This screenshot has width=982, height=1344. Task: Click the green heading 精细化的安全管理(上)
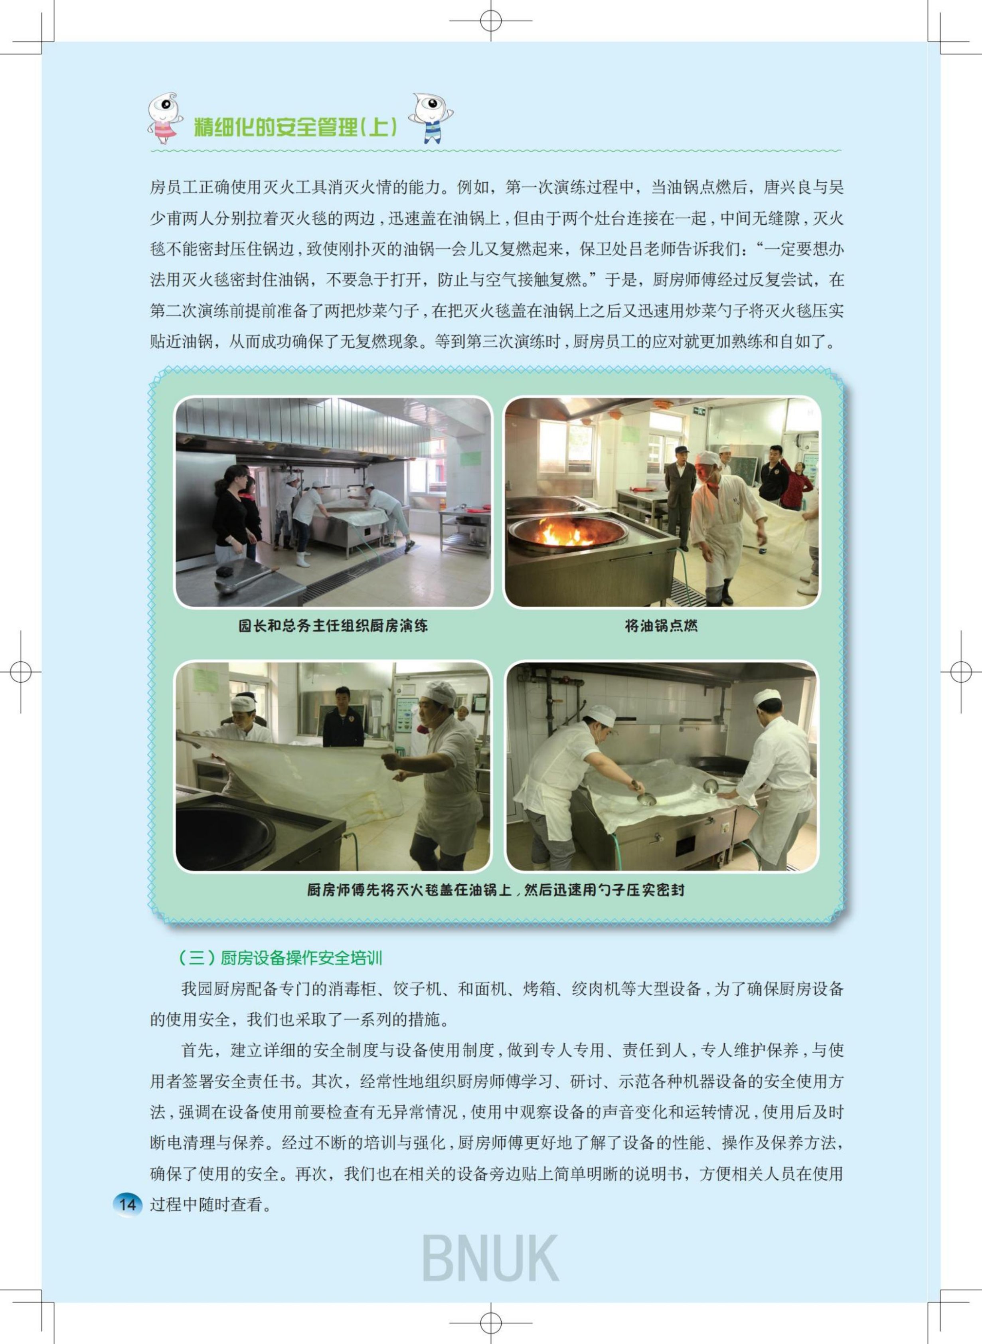[295, 126]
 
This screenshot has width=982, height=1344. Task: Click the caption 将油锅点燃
[661, 626]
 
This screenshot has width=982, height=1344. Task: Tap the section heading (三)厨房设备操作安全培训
[280, 958]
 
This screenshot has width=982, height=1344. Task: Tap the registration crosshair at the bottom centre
[490, 1323]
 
